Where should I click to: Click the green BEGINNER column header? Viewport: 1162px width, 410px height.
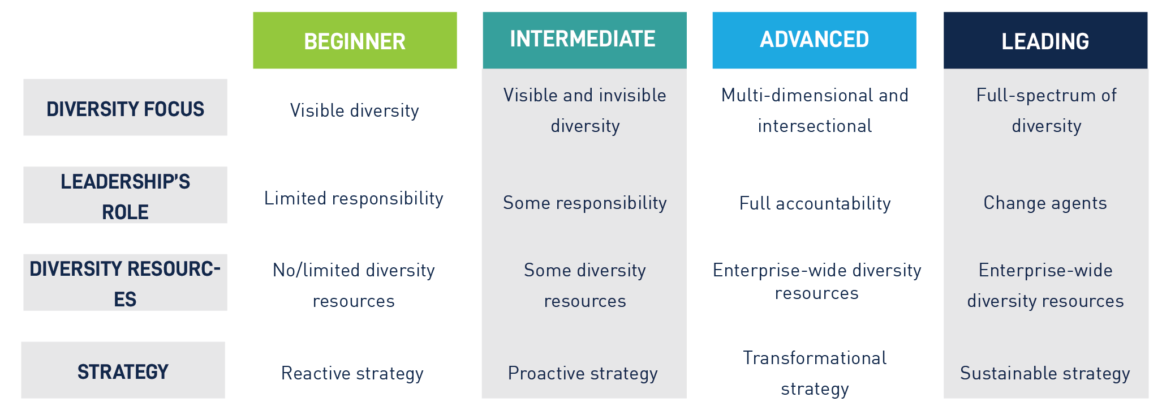point(355,40)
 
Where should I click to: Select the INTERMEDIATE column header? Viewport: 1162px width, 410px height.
point(584,40)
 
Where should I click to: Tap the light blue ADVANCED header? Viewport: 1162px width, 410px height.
point(814,40)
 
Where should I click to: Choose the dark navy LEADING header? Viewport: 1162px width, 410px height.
point(1045,40)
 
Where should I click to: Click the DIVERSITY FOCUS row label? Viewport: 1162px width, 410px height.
point(125,107)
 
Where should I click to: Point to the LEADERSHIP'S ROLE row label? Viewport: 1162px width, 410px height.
point(125,195)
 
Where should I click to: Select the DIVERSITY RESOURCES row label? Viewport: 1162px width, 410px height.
point(125,283)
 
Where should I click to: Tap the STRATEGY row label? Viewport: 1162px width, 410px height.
point(123,370)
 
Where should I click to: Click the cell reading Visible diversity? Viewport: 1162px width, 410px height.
point(355,110)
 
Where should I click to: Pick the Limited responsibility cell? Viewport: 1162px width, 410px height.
point(354,198)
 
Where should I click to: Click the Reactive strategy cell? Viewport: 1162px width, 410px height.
point(352,373)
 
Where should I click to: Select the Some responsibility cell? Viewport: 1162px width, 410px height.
point(585,203)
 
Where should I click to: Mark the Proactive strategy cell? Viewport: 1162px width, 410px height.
point(583,373)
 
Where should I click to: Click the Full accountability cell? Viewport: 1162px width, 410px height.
point(815,203)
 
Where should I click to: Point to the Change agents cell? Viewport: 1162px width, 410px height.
point(1045,203)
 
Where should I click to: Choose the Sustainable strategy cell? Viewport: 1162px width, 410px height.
point(1045,373)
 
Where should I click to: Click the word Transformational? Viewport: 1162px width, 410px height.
point(815,358)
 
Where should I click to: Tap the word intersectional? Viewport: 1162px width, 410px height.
point(815,126)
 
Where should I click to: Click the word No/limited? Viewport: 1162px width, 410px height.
point(316,270)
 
